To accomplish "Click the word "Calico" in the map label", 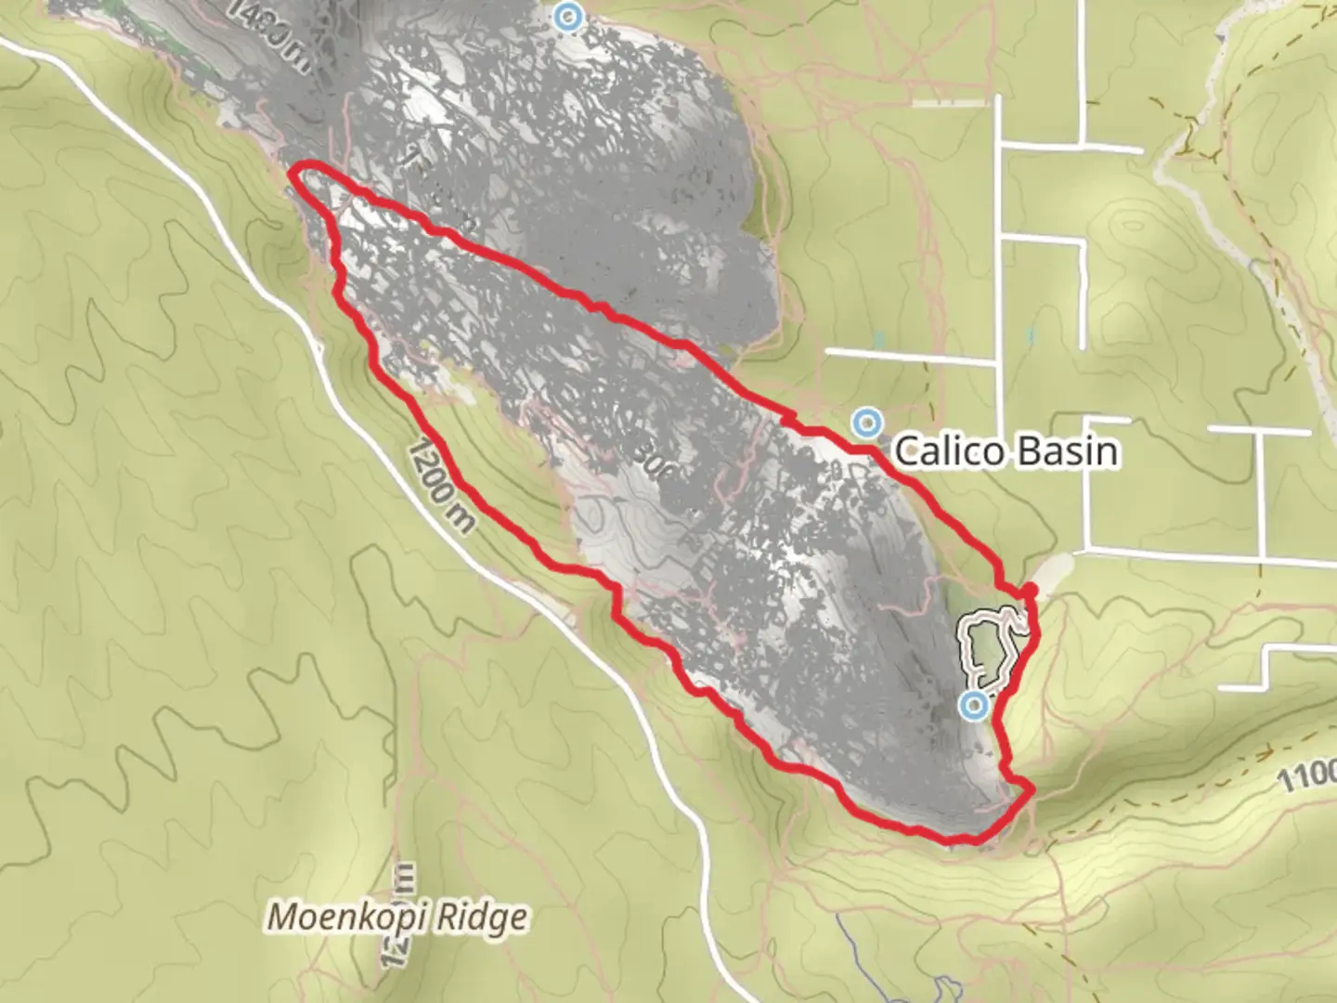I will click(949, 452).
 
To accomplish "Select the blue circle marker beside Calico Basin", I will click(867, 423).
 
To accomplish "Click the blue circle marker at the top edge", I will click(567, 16).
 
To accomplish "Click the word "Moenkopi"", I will click(347, 918).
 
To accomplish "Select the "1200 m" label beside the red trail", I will click(442, 484).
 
